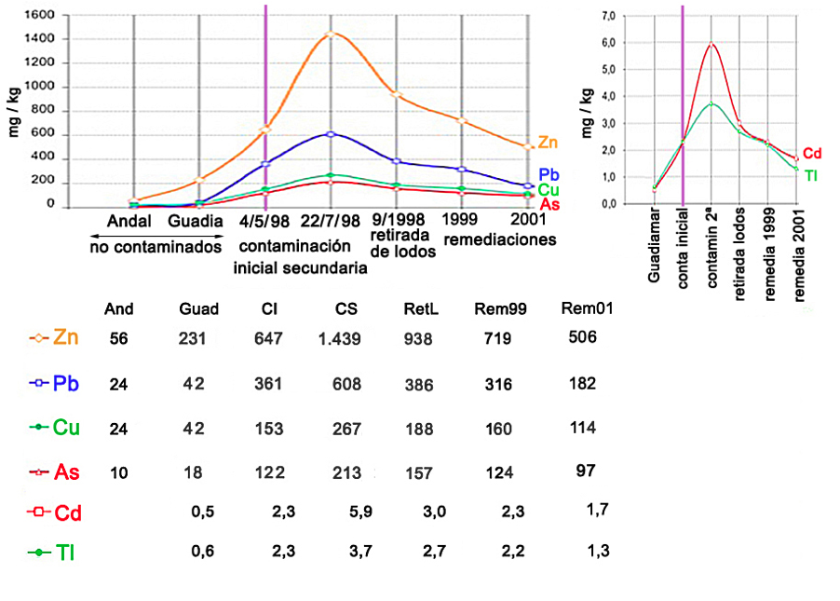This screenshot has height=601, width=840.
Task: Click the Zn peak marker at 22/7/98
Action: [x=331, y=34]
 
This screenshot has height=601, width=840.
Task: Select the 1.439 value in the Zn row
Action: [x=339, y=339]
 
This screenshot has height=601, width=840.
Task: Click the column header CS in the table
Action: [x=346, y=309]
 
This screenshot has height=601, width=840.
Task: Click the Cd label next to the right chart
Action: [x=812, y=154]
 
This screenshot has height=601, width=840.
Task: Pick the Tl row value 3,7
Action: [x=348, y=552]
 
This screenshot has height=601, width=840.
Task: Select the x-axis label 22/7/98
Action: [x=331, y=222]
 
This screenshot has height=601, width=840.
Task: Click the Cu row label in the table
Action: [x=65, y=428]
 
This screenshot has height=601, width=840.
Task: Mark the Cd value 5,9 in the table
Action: [x=348, y=512]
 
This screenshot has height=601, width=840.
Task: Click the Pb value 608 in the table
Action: [x=347, y=383]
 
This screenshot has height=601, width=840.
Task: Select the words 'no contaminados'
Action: [x=156, y=247]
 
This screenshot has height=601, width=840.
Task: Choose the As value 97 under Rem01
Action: [x=586, y=470]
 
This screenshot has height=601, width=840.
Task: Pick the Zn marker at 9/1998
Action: [x=396, y=94]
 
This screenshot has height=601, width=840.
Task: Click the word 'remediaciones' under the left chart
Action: [x=501, y=239]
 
